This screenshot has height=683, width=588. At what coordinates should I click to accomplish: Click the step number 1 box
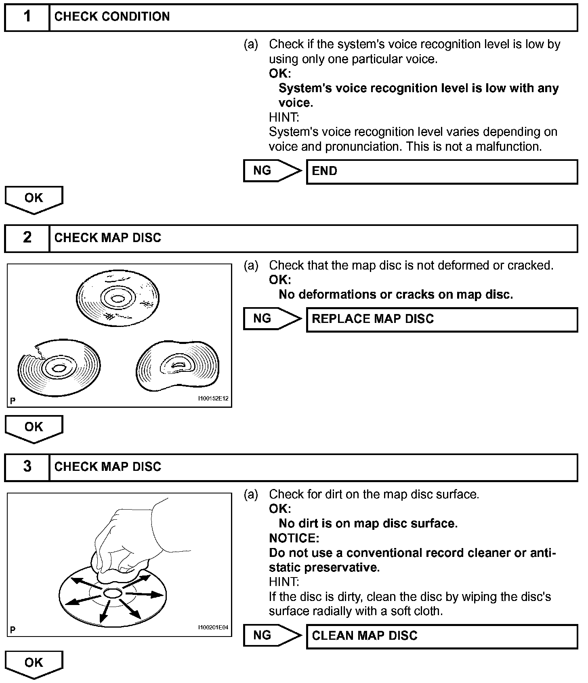[27, 17]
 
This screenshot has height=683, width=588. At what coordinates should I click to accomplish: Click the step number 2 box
[27, 238]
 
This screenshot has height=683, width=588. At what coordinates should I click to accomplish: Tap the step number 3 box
[27, 467]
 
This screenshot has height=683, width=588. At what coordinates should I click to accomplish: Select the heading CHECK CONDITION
[112, 17]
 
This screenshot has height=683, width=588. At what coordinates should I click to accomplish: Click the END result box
[442, 172]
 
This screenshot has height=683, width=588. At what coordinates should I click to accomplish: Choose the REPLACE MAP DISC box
[442, 320]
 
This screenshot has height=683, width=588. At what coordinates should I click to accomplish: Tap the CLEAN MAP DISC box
[442, 637]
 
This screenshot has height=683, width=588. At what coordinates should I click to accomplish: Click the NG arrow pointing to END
[272, 171]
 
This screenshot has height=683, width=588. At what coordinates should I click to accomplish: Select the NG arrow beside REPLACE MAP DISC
[272, 319]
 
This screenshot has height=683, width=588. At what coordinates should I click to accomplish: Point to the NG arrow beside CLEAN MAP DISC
[272, 636]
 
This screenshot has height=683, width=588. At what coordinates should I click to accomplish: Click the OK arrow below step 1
[34, 199]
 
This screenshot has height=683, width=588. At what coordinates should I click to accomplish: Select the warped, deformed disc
[178, 366]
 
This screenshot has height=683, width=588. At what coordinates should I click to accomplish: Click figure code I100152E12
[213, 398]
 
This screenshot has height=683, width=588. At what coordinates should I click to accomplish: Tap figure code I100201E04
[213, 628]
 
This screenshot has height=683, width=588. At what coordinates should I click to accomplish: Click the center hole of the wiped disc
[113, 593]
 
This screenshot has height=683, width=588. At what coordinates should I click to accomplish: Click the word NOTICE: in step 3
[294, 538]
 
